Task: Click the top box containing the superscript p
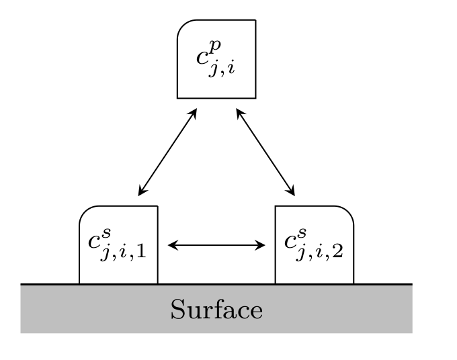coord(216,59)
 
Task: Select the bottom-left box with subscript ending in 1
coord(118,245)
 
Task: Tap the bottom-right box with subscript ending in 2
coord(314,245)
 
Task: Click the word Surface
coord(216,310)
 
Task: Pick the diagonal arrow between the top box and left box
coord(167,152)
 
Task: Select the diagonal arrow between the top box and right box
coord(265,152)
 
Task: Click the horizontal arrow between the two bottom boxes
coord(216,245)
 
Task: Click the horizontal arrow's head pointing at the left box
coord(171,245)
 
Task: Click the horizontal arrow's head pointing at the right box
coord(262,245)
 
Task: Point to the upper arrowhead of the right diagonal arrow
coord(239,111)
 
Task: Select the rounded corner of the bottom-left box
coord(85,212)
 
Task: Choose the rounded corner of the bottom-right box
coord(347,212)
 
